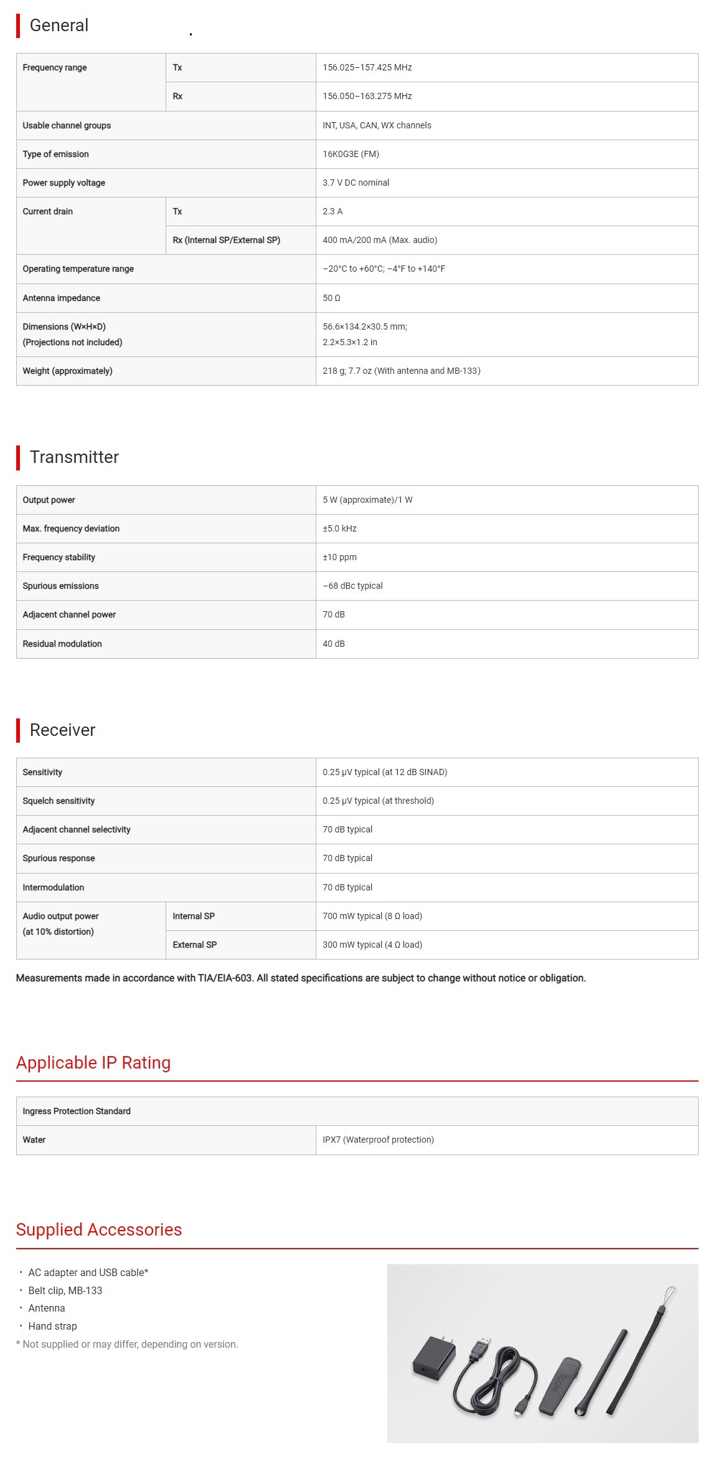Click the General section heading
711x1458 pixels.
(x=59, y=26)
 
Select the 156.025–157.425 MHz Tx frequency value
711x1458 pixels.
(x=367, y=67)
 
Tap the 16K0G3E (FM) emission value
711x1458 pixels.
(x=351, y=154)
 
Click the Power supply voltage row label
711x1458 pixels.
(x=64, y=183)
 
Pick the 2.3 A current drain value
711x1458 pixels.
(x=332, y=211)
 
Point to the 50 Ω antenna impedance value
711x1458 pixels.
(x=331, y=298)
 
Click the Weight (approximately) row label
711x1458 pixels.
(x=68, y=371)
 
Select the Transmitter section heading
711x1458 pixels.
(x=74, y=457)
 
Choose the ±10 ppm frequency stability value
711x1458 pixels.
(x=339, y=557)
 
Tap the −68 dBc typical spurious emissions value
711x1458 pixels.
(x=352, y=586)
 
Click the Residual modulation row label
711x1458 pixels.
(x=62, y=644)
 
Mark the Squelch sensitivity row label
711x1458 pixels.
(x=59, y=801)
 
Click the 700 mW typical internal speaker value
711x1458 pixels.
(x=372, y=916)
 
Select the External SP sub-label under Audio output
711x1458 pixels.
(x=195, y=945)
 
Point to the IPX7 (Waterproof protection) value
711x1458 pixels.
(x=378, y=1140)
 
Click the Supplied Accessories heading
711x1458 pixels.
(x=99, y=1229)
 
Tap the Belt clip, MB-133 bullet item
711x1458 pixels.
(x=65, y=1290)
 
